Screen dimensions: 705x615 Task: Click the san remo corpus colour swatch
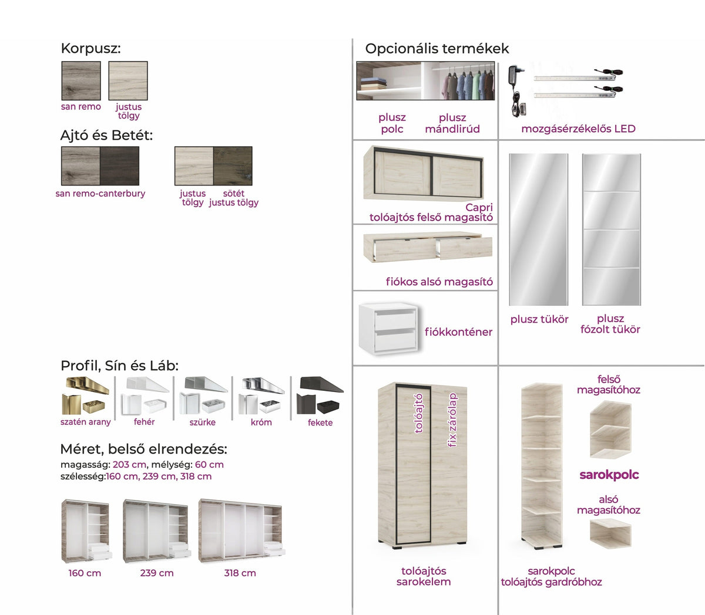(x=81, y=81)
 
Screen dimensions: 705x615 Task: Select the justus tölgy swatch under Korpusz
(x=128, y=81)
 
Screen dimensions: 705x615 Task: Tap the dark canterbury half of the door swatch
(x=120, y=166)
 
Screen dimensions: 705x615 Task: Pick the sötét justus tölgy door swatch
(x=233, y=166)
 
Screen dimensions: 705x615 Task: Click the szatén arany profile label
(x=85, y=422)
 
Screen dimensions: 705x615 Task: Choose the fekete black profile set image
(x=320, y=396)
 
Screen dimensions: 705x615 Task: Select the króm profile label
(x=261, y=423)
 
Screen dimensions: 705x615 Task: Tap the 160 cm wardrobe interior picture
(x=86, y=531)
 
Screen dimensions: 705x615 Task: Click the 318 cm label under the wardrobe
(x=240, y=573)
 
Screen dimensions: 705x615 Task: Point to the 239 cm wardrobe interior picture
(x=157, y=531)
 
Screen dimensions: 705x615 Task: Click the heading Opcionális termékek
(x=437, y=49)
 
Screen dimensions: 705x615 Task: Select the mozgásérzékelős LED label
(x=578, y=129)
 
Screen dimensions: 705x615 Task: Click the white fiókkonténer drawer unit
(x=388, y=328)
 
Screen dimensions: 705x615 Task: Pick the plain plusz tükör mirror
(x=539, y=229)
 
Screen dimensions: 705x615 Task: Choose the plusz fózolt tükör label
(x=610, y=324)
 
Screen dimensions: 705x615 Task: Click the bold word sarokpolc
(x=609, y=475)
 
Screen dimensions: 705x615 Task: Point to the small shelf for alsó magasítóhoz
(x=610, y=533)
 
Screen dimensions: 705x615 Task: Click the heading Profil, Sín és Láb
(x=120, y=366)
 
